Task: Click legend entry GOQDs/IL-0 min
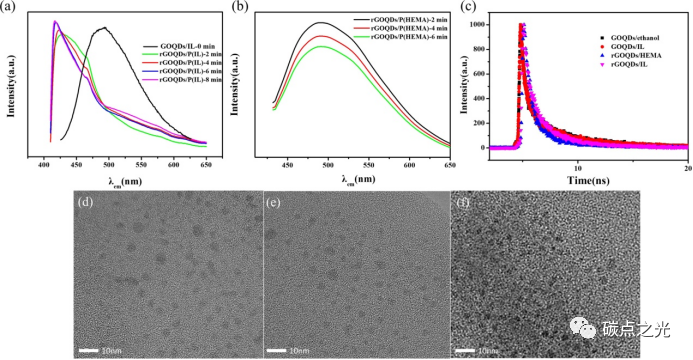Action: pos(186,46)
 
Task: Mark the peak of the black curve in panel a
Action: pos(104,28)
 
